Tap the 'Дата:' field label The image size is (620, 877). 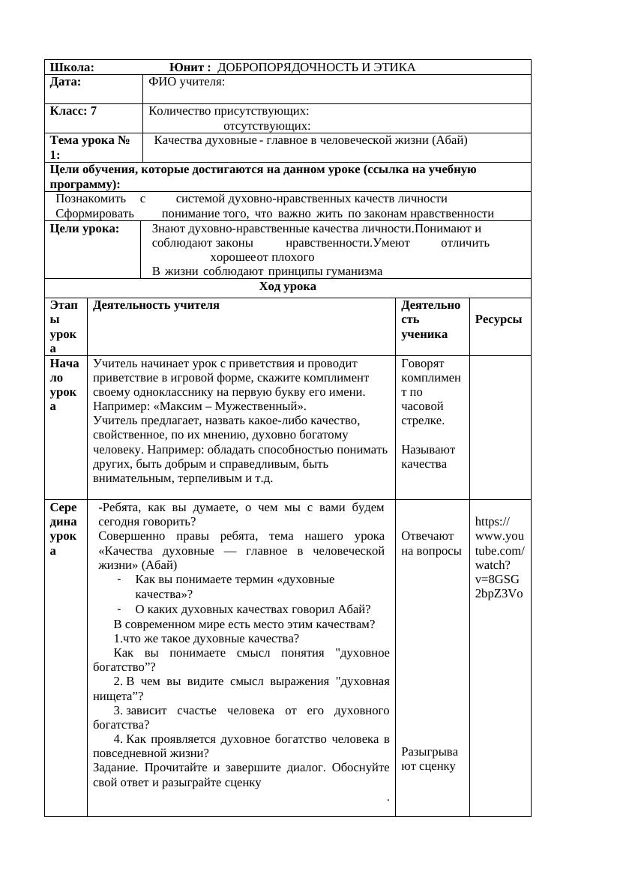pos(65,82)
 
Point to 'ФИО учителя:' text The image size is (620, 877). pos(187,82)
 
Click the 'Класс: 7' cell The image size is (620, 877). pos(73,111)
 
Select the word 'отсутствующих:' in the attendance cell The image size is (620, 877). pos(267,126)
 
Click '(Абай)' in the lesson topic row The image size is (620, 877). pos(450,140)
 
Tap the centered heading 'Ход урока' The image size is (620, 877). pos(287,286)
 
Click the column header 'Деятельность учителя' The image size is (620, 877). pos(156,305)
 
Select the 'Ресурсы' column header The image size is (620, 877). pos(499,319)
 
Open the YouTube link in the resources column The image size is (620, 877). pos(499,558)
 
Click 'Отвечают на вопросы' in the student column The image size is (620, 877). pos(431,543)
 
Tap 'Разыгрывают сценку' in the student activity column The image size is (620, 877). pos(429,759)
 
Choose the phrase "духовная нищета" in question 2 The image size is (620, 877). pos(362,681)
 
